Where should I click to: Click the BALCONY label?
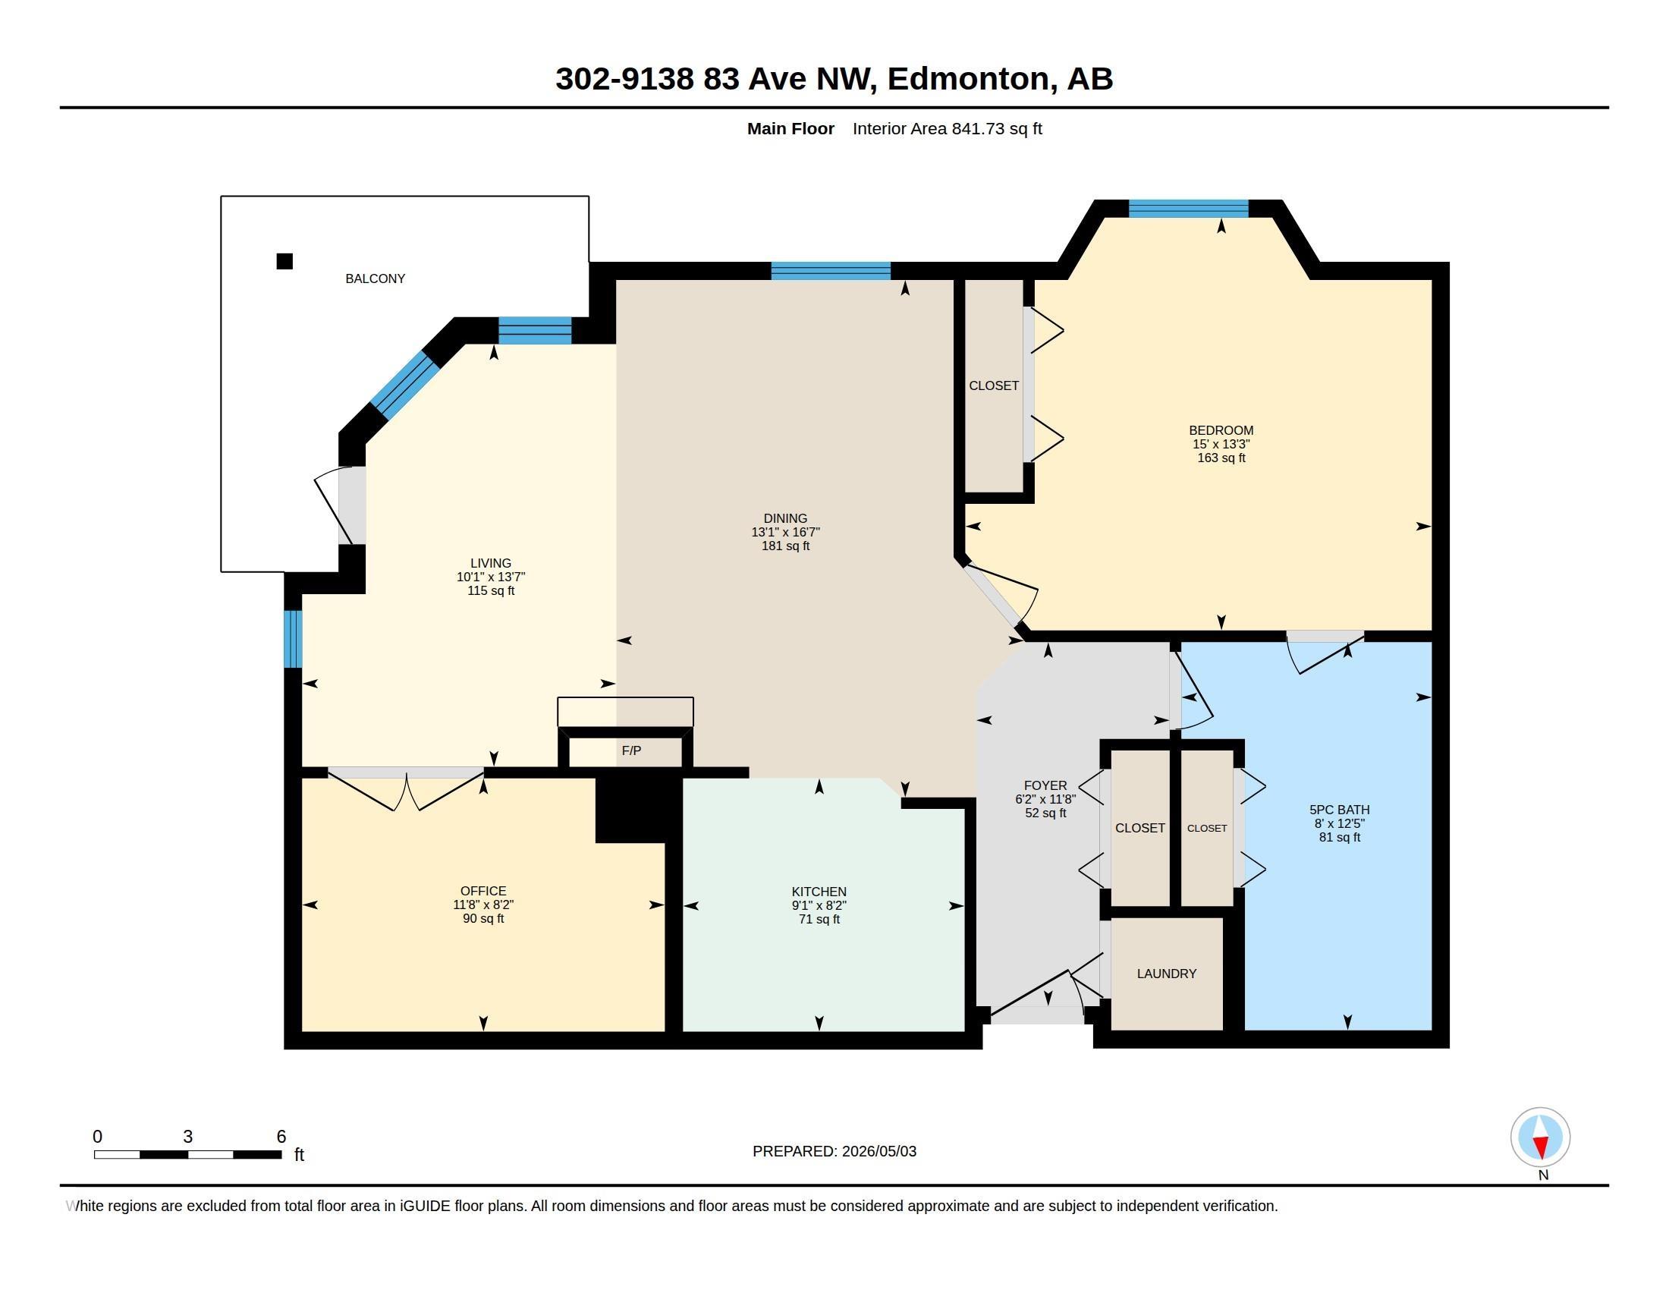click(x=376, y=279)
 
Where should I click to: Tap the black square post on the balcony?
click(x=284, y=261)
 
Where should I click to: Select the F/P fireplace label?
click(x=631, y=750)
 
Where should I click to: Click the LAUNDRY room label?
click(x=1166, y=974)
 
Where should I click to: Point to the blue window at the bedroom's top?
click(x=1188, y=209)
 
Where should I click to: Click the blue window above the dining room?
click(x=831, y=271)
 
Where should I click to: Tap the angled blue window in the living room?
click(x=405, y=385)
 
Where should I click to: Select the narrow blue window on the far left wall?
click(x=293, y=639)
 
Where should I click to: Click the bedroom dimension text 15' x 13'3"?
click(x=1221, y=444)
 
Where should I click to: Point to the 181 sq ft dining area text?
click(x=786, y=546)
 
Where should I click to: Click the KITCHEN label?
click(x=819, y=892)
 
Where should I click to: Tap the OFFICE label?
click(x=483, y=891)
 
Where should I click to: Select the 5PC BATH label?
click(x=1340, y=810)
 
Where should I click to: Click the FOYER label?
click(x=1045, y=785)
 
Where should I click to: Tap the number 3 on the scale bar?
click(x=188, y=1137)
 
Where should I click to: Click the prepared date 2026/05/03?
click(x=879, y=1151)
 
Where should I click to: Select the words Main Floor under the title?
click(x=791, y=128)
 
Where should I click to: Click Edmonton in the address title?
click(x=968, y=79)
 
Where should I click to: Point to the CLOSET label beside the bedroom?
click(x=994, y=386)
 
